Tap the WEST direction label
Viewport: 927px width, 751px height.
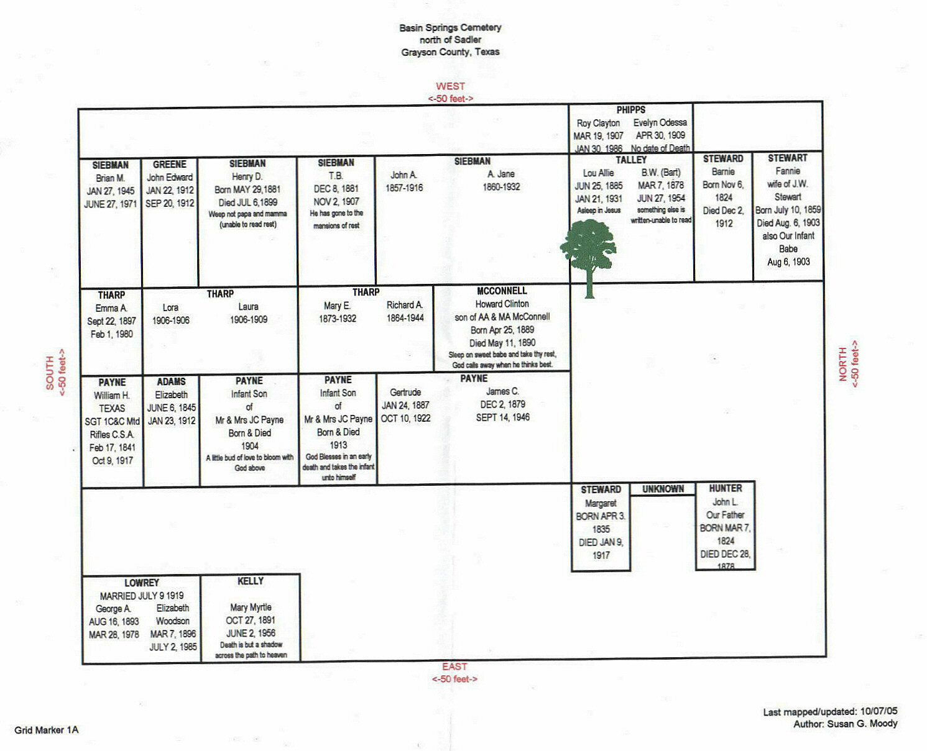[x=450, y=86]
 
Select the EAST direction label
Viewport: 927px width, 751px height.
[x=454, y=667]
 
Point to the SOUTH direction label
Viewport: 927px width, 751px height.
[x=50, y=373]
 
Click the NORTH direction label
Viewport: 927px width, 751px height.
[x=843, y=364]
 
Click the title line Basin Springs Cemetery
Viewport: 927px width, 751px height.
[x=450, y=27]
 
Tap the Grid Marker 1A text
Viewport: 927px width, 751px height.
[x=47, y=730]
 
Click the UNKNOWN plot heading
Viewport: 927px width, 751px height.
[x=663, y=489]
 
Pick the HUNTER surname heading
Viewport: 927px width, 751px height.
[x=726, y=488]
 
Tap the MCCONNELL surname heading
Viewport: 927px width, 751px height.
[x=502, y=291]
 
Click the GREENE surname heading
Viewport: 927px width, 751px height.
[x=169, y=165]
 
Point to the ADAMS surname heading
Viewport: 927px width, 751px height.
[x=171, y=381]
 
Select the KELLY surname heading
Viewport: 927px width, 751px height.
[x=250, y=581]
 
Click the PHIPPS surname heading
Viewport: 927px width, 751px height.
[x=630, y=110]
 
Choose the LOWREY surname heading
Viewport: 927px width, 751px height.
[x=142, y=583]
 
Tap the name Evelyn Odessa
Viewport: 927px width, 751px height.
[x=660, y=122]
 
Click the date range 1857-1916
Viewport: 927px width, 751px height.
[x=404, y=188]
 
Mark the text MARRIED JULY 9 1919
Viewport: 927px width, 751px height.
[x=142, y=596]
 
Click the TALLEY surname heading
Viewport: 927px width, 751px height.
[x=631, y=160]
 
